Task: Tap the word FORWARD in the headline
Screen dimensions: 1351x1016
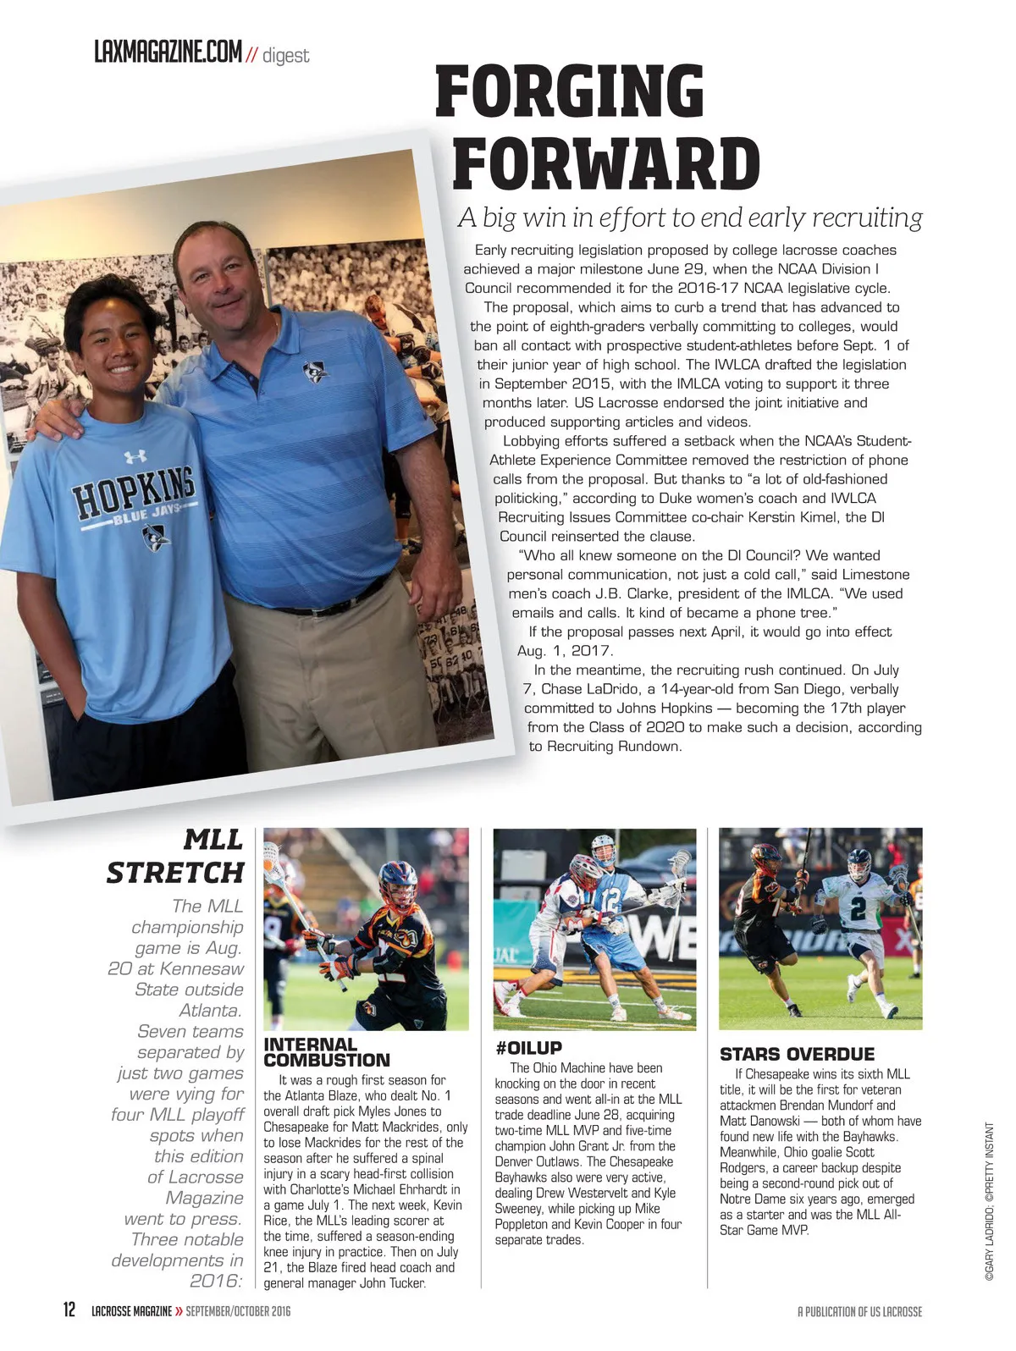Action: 606,164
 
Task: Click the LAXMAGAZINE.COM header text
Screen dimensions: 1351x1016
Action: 168,52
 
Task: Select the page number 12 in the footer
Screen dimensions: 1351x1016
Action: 70,1310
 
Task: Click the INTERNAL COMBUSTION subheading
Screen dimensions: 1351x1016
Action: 327,1052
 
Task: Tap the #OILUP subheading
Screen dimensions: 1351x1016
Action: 528,1048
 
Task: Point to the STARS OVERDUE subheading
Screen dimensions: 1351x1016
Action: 797,1054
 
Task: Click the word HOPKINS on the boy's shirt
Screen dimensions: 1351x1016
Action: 134,491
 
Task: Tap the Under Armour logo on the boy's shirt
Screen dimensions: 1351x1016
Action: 135,457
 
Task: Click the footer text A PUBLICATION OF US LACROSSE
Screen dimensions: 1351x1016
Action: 859,1311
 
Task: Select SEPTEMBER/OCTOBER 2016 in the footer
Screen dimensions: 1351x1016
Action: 238,1311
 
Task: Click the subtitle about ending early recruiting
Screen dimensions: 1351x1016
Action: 690,218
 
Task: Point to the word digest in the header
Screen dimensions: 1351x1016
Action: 286,56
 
